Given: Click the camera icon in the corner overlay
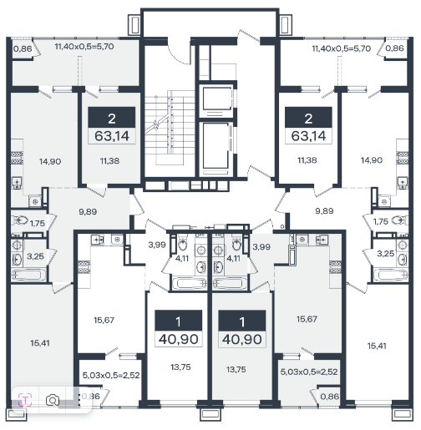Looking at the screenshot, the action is pyautogui.click(x=53, y=401).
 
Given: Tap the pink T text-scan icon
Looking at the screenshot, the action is pyautogui.click(x=25, y=401).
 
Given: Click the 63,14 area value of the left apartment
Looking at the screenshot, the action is pyautogui.click(x=112, y=136).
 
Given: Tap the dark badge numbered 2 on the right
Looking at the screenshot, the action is pyautogui.click(x=308, y=117).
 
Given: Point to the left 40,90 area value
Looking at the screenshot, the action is pyautogui.click(x=179, y=339).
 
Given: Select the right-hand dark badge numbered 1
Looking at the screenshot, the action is pyautogui.click(x=242, y=321).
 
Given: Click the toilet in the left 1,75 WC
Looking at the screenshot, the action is pyautogui.click(x=20, y=220).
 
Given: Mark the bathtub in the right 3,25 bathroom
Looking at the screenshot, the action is pyautogui.click(x=390, y=275).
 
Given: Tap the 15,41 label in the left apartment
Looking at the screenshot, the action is pyautogui.click(x=40, y=343).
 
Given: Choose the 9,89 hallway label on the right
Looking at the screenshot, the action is pyautogui.click(x=324, y=211).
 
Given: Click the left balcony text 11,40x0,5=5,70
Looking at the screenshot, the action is pyautogui.click(x=84, y=46).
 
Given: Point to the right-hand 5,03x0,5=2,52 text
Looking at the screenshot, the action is pyautogui.click(x=309, y=372).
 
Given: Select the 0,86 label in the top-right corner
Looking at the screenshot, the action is pyautogui.click(x=394, y=48).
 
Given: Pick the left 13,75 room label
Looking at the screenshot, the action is pyautogui.click(x=180, y=367).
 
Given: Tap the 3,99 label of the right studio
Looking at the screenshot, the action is pyautogui.click(x=261, y=246).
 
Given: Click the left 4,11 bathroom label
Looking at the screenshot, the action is pyautogui.click(x=182, y=259).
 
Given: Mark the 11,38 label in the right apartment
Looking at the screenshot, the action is pyautogui.click(x=307, y=160).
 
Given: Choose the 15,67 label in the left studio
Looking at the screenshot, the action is pyautogui.click(x=104, y=320).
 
